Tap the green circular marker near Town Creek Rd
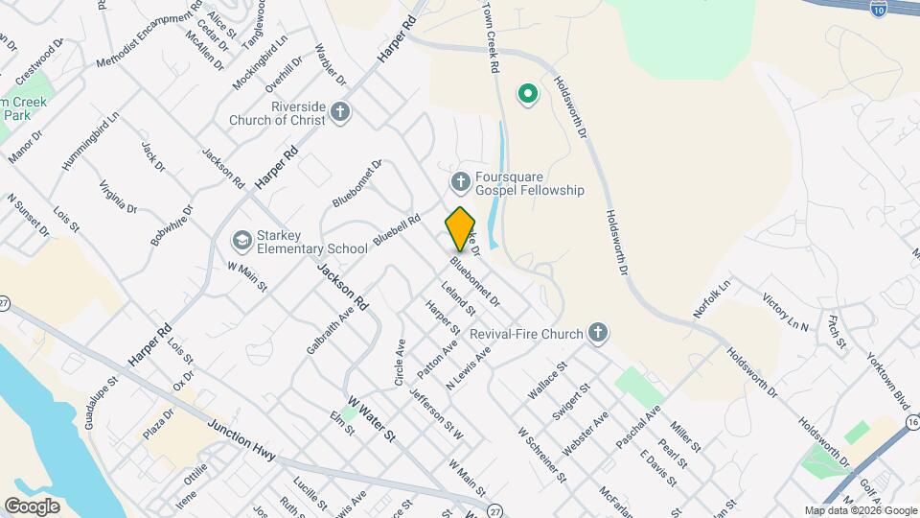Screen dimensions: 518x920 (x=526, y=93)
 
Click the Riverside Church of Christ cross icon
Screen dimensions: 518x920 (x=339, y=114)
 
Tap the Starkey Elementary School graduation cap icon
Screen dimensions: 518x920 (x=240, y=240)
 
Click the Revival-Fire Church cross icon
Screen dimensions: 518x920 (x=597, y=334)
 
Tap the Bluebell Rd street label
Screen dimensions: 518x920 (x=397, y=232)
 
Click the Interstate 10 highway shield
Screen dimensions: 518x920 (x=879, y=9)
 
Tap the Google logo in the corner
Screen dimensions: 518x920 (x=32, y=506)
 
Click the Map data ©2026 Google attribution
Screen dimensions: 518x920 (x=860, y=510)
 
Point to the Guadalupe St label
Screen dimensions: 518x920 (x=101, y=402)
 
